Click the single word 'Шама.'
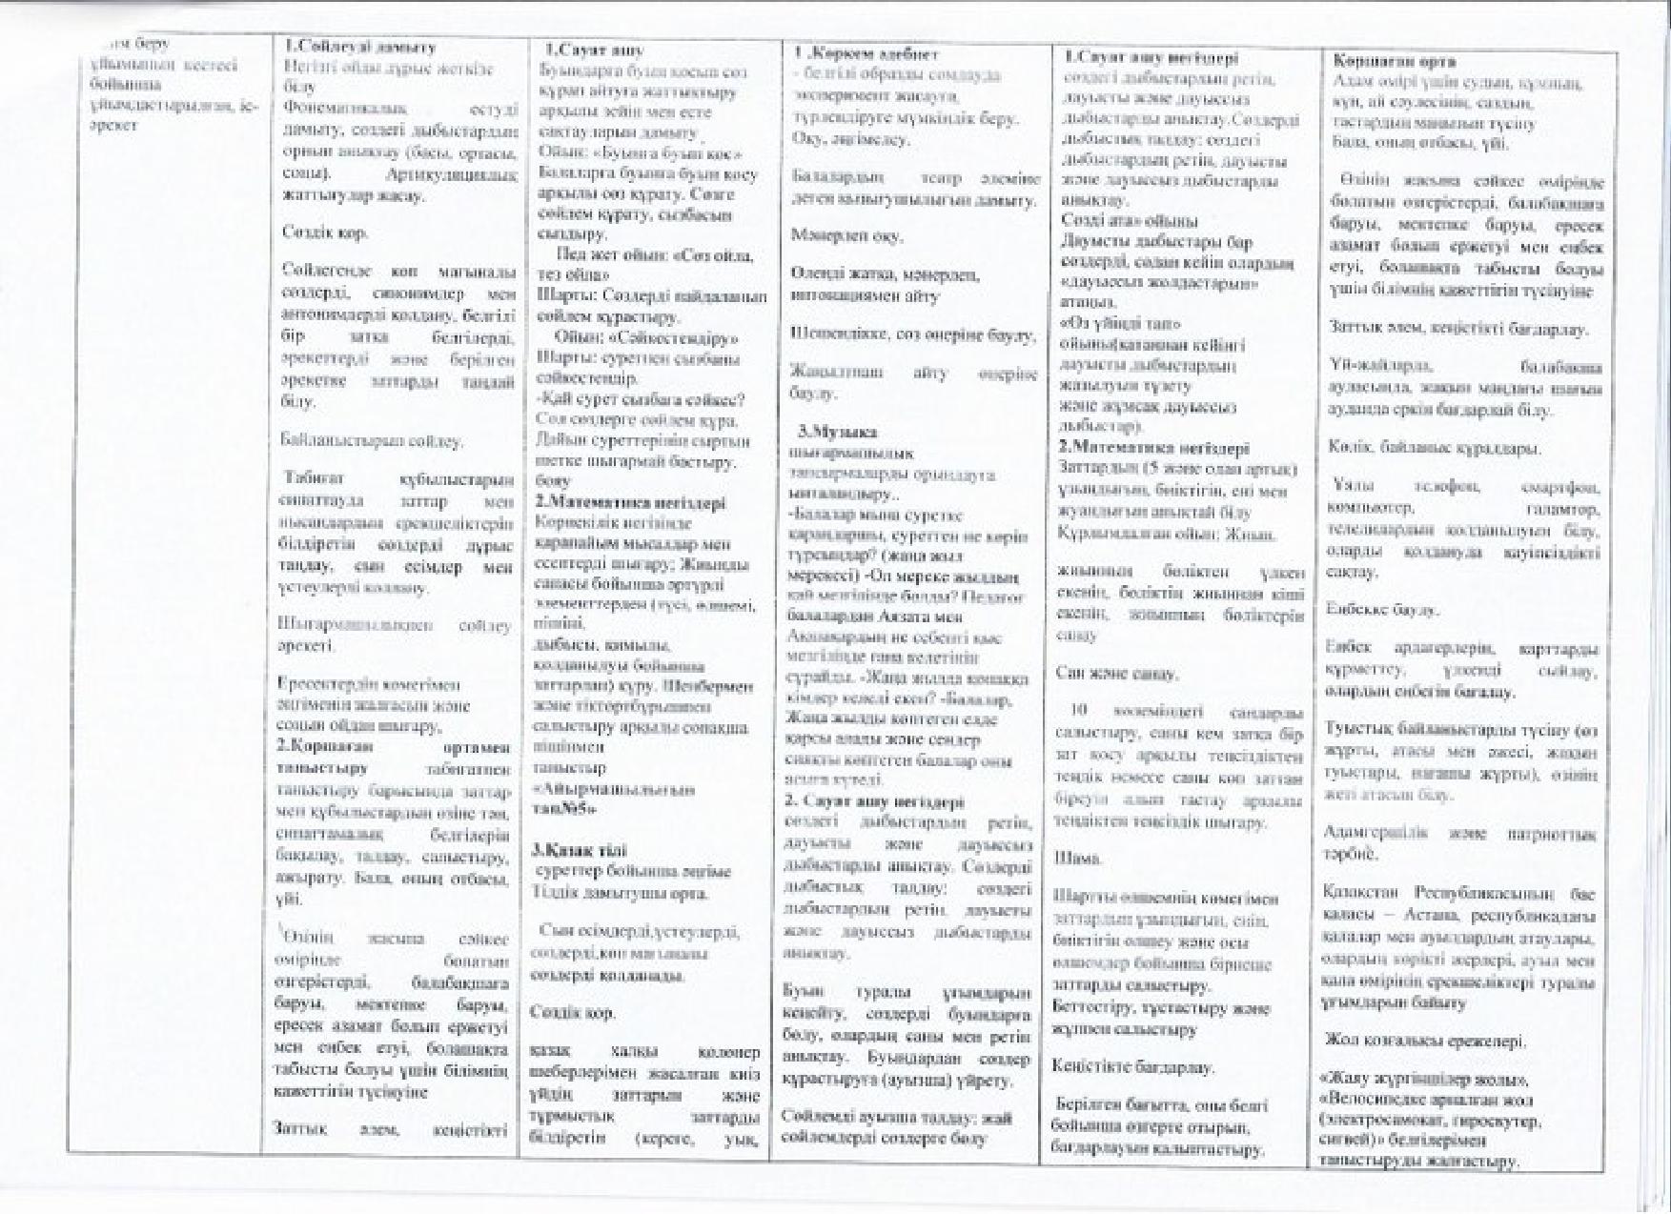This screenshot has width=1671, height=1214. [x=1077, y=859]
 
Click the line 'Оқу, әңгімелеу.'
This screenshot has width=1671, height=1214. [x=850, y=139]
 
